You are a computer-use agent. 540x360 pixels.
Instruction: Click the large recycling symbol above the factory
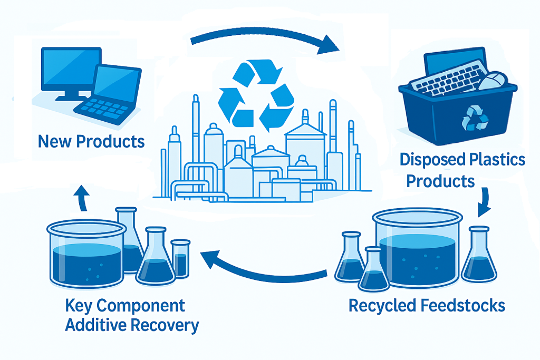click(256, 95)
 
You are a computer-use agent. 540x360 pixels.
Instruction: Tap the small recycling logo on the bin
click(475, 118)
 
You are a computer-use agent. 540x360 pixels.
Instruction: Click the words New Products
click(91, 141)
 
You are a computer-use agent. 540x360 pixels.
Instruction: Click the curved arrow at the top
click(264, 38)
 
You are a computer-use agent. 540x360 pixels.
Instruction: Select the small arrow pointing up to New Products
click(83, 198)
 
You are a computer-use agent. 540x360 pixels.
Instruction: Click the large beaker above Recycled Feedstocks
click(418, 248)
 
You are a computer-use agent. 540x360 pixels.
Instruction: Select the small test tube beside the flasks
click(180, 258)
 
